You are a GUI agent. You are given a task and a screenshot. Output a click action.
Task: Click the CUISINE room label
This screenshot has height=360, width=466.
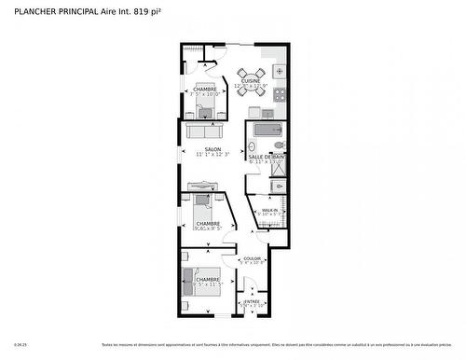coord(251,81)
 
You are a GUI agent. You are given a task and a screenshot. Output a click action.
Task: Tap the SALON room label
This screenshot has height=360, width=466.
coord(213,148)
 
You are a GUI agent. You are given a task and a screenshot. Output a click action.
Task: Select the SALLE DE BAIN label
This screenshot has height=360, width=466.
coord(267,157)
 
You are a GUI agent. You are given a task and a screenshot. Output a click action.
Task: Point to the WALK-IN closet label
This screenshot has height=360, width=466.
coord(269,210)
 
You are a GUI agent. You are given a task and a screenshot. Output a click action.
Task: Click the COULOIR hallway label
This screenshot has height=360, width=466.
coord(252,258)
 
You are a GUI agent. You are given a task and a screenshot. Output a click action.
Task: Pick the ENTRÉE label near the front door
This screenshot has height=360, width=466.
coord(252,301)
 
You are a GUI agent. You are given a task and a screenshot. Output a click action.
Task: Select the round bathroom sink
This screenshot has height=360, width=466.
coord(253,147)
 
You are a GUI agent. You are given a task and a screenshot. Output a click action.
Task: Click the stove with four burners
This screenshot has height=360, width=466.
coord(280,71)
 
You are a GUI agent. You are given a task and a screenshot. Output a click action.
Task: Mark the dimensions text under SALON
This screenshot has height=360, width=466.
coord(213,155)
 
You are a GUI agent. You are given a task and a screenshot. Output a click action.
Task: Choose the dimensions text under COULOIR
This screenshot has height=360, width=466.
coord(252,264)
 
